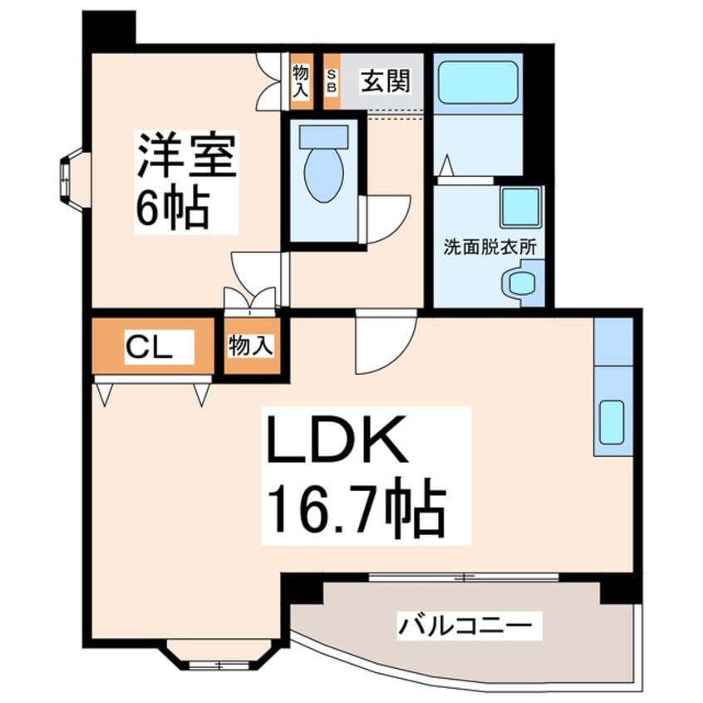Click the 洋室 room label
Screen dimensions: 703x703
click(x=186, y=155)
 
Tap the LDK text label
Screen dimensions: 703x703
click(x=337, y=440)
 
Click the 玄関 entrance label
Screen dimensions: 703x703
click(x=386, y=81)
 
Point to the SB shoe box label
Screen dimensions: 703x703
click(x=332, y=81)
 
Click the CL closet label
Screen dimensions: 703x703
click(x=149, y=347)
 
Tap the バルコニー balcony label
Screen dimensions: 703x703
click(x=465, y=626)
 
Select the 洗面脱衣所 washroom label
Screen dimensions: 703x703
click(x=489, y=248)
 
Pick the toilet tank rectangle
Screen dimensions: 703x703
click(x=324, y=137)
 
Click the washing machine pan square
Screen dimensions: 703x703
click(x=520, y=207)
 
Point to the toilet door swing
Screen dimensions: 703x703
click(x=386, y=219)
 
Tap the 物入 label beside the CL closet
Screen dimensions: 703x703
click(x=251, y=346)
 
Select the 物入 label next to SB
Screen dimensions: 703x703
click(x=301, y=81)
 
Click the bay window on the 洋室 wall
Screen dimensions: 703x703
click(x=71, y=179)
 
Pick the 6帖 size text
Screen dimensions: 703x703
click(x=173, y=208)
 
